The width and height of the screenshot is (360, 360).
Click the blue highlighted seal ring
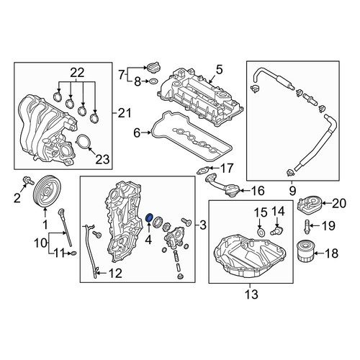[149, 217]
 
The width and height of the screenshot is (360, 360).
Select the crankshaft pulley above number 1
[47, 192]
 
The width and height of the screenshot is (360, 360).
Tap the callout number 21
[125, 113]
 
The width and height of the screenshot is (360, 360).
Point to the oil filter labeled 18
[305, 253]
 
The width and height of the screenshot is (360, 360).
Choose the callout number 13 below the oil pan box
[252, 294]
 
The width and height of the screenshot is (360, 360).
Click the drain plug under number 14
[276, 231]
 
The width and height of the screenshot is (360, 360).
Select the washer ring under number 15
[261, 232]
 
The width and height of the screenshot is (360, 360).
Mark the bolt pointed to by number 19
[307, 227]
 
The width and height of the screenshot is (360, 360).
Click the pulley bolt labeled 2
[28, 181]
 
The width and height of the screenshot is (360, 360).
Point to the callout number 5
[219, 70]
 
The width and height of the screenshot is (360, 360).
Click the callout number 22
[77, 73]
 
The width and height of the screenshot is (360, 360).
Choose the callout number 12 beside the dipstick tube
[116, 273]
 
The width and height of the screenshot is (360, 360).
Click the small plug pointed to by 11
[74, 253]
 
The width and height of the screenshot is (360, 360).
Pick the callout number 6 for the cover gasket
[137, 132]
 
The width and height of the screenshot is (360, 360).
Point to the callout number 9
[292, 191]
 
